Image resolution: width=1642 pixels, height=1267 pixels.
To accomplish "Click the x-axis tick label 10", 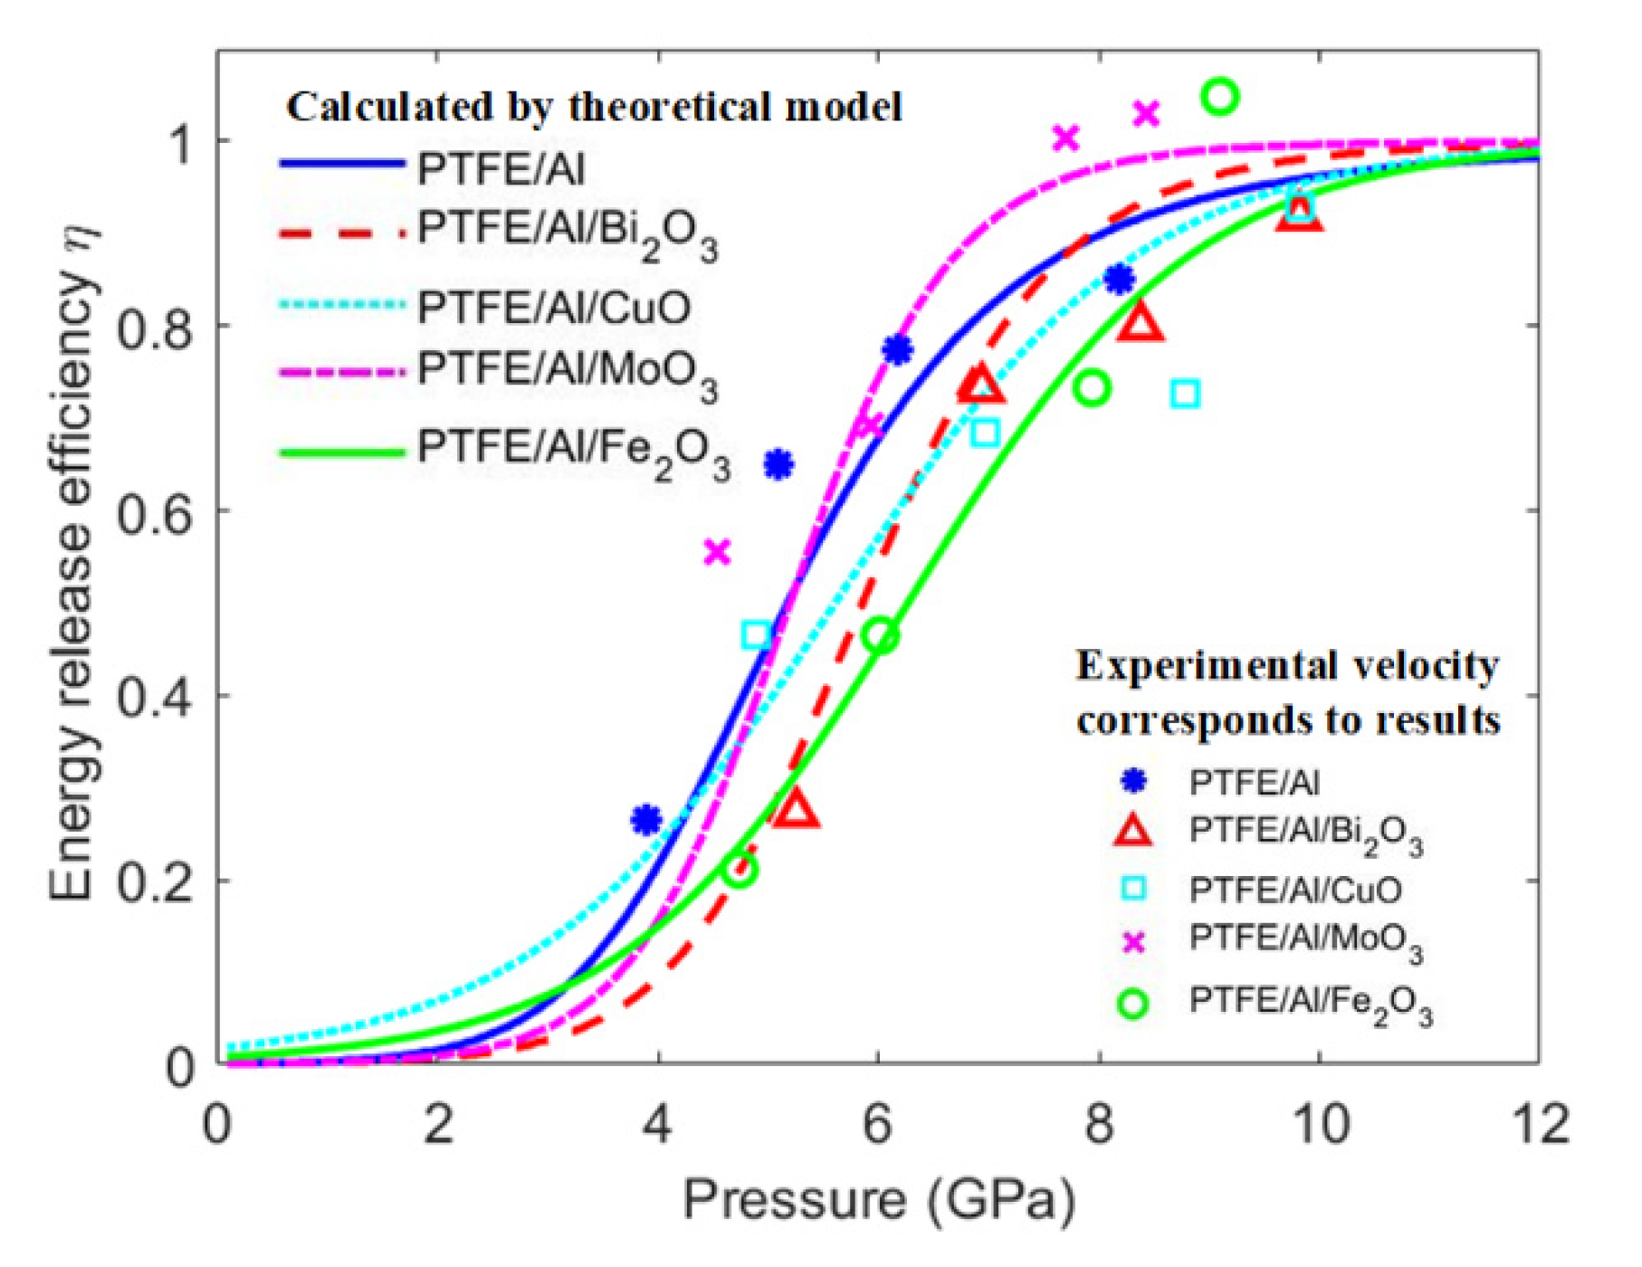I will (1319, 1125).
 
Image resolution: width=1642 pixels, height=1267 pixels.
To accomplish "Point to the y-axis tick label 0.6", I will (156, 512).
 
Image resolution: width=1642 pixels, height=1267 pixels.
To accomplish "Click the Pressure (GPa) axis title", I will (878, 1202).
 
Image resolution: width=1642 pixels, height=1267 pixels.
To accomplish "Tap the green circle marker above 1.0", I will (1219, 96).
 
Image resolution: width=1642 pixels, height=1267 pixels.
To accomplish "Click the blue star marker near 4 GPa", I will (646, 820).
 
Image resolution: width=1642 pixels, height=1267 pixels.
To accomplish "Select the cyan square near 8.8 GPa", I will (1186, 395).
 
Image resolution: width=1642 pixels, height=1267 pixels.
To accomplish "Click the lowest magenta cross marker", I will (717, 551).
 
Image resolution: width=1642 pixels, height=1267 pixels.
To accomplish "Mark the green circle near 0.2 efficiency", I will (740, 871).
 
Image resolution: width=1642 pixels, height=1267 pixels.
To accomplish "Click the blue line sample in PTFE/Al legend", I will (342, 164).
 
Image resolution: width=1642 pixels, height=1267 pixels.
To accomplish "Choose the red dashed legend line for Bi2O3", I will (342, 233).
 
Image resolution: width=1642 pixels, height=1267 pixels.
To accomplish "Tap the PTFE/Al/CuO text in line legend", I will (553, 308).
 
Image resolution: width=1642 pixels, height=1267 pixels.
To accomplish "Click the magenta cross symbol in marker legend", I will (1133, 943).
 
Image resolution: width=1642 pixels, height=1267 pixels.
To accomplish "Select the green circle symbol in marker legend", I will (1133, 1004).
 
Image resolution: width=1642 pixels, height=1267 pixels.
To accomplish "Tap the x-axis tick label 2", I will (438, 1125).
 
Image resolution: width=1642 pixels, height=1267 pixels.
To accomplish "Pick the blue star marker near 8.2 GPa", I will (1120, 280).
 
